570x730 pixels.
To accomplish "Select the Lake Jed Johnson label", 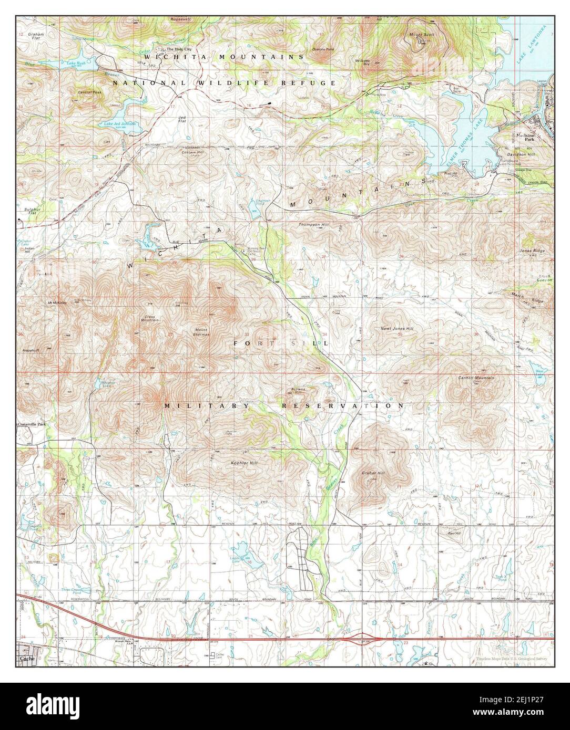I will pos(119,123).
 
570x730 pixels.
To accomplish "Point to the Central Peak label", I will pos(90,92).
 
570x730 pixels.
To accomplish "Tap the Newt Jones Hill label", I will pos(397,329).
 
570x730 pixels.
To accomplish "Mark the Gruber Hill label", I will pos(373,473).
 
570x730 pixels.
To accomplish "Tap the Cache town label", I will pos(27,657).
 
